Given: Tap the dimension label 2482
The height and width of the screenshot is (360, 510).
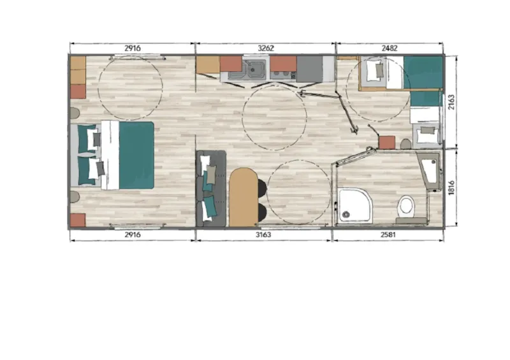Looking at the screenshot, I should point(389,48).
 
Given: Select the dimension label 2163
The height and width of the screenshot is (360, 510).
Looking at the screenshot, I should point(451,102).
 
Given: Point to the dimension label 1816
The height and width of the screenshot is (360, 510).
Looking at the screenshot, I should point(451,188).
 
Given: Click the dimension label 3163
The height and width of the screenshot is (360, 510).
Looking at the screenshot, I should point(263,235).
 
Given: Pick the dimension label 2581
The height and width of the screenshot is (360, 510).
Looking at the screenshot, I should point(389,235).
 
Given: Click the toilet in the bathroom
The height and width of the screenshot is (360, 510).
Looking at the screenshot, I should point(405,206).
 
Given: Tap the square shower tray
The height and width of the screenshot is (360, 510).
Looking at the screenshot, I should point(355,205).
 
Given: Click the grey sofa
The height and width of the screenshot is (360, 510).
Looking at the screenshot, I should point(211,188).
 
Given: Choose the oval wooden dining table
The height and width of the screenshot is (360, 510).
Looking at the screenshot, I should point(242,196).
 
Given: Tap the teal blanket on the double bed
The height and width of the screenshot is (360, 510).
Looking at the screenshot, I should point(136,155).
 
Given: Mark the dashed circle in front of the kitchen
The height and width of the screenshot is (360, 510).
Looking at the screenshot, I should point(275,117).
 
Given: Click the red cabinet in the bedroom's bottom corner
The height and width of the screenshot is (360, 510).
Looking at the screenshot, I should point(78,220).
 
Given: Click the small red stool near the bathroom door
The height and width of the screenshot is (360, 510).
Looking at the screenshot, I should point(386,141).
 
